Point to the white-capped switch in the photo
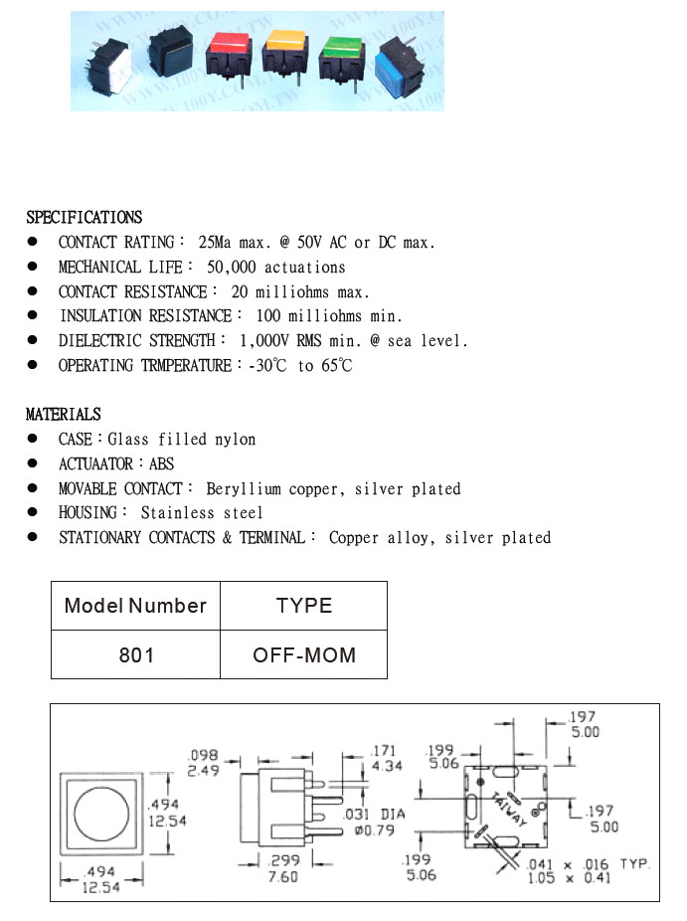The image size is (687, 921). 111,64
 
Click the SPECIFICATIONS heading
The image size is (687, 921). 85,217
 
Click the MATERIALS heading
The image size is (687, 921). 64,414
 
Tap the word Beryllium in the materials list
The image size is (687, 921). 245,488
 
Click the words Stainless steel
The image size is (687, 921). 202,513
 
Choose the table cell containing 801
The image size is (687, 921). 136,655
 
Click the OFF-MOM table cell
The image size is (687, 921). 303,655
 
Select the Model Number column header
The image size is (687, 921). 136,606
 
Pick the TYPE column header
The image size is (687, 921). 303,606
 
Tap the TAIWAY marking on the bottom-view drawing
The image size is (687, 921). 510,805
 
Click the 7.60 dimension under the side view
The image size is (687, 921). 282,876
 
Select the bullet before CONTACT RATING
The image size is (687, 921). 33,242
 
